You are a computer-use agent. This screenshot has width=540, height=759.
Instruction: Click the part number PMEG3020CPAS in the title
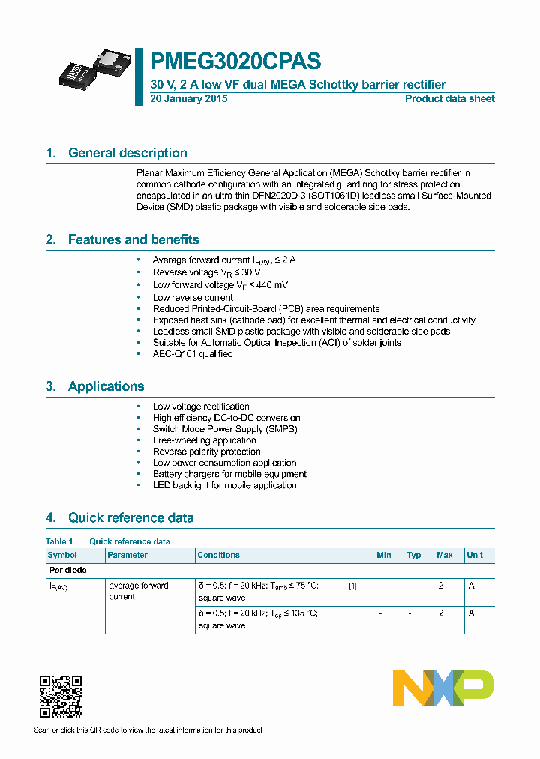click(x=235, y=61)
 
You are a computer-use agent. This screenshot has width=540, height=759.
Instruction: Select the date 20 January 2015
click(x=189, y=99)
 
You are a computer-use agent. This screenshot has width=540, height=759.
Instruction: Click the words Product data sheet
click(x=449, y=99)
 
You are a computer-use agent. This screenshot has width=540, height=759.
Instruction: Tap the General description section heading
click(x=127, y=153)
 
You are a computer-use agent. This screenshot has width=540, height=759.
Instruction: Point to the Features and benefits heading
click(x=133, y=239)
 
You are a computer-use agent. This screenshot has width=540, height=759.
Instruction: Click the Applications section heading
click(x=106, y=386)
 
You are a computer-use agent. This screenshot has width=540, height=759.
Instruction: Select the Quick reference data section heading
click(x=130, y=517)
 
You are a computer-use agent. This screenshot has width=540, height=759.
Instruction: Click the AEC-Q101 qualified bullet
click(x=193, y=354)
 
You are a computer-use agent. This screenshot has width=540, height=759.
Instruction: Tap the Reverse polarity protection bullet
click(x=206, y=451)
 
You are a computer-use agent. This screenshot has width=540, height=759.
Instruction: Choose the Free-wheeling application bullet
click(x=204, y=440)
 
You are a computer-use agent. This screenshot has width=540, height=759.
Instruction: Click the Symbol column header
click(x=62, y=555)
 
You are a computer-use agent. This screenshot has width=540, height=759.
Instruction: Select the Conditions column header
click(x=218, y=555)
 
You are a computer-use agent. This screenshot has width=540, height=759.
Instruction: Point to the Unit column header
click(x=475, y=555)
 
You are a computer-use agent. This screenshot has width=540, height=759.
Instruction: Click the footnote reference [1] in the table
click(x=352, y=586)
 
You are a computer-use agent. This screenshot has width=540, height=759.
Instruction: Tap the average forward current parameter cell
click(x=139, y=591)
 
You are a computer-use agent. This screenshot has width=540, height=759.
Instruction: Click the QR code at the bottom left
click(x=60, y=697)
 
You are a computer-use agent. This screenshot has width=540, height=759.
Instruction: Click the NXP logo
click(x=442, y=688)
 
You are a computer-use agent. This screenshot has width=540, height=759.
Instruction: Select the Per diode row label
click(x=67, y=571)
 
